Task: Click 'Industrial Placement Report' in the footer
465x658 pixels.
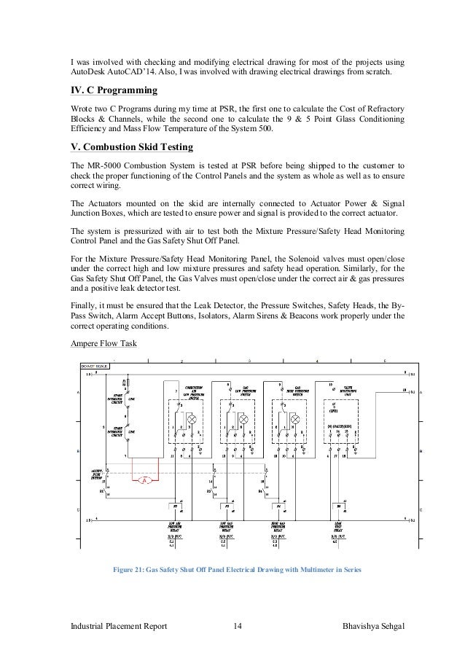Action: point(120,627)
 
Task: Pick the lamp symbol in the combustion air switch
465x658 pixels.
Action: point(192,420)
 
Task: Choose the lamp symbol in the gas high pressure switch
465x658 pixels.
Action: point(297,420)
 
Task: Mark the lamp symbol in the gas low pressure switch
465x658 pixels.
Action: point(244,420)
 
